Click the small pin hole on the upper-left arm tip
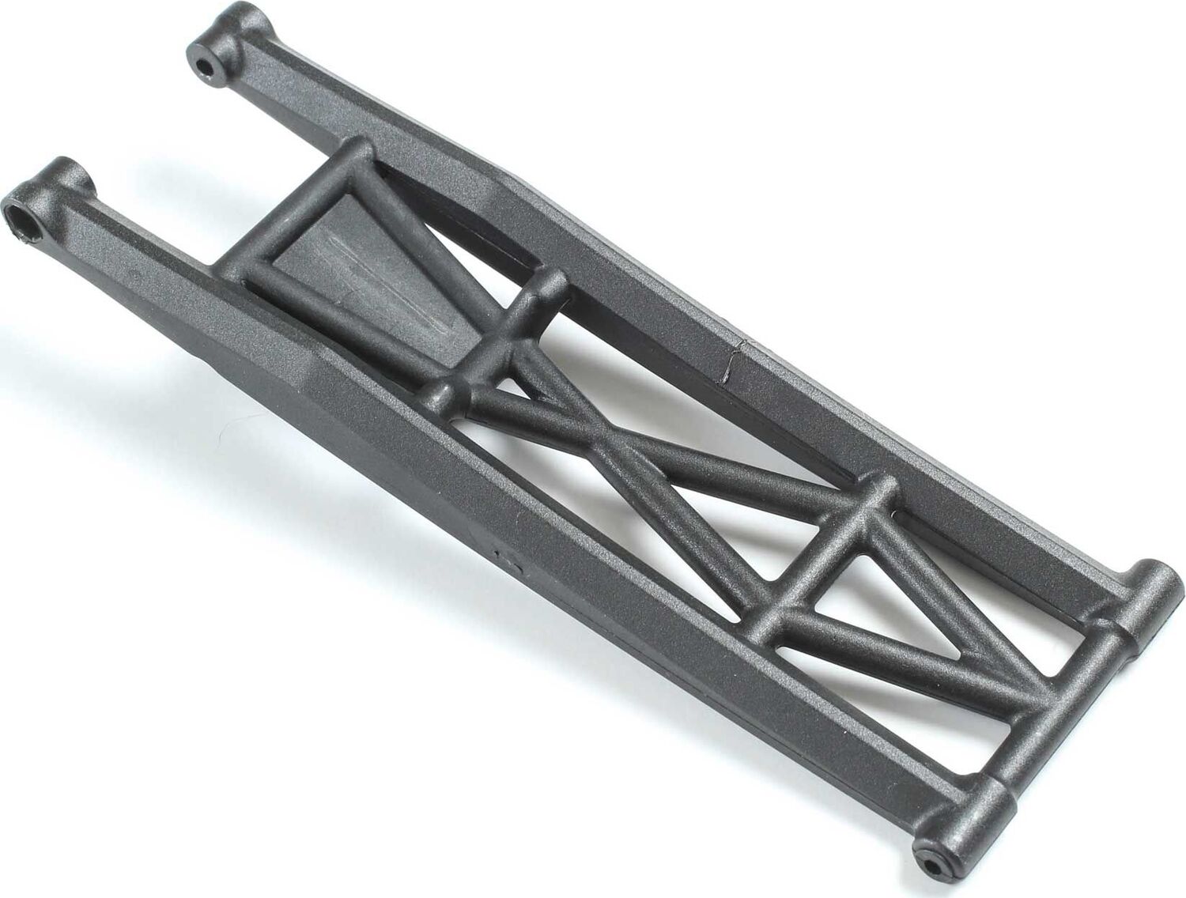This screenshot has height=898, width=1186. (208, 64)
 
